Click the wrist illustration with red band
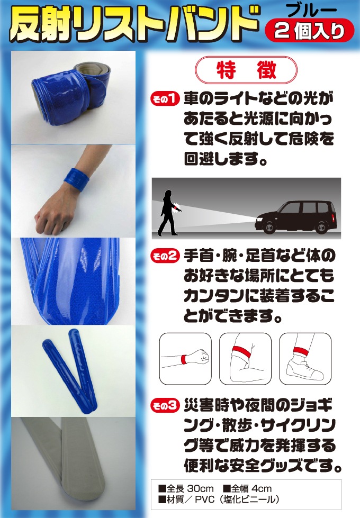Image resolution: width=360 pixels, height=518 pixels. [185, 358]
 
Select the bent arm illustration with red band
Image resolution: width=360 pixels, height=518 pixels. [245, 357]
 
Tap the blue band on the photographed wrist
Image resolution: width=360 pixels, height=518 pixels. [77, 179]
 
